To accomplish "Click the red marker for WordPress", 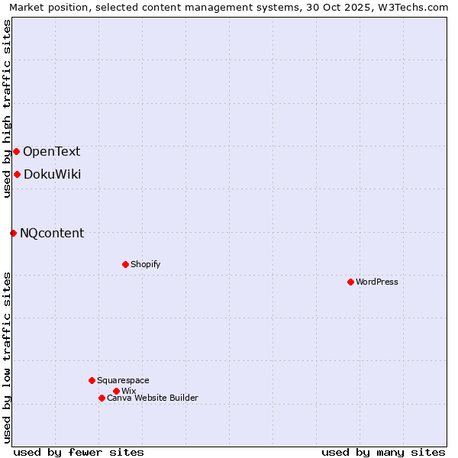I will (x=350, y=282).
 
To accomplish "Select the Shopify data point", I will (x=125, y=264).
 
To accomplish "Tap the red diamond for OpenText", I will (x=16, y=151).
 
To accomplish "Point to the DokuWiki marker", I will (x=17, y=174).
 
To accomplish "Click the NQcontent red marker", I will (x=13, y=233).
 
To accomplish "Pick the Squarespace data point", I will (x=92, y=380).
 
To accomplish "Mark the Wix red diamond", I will (x=116, y=391).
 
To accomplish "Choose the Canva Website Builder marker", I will (x=102, y=398).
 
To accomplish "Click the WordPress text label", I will (x=377, y=282).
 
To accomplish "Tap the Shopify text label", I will (x=146, y=264).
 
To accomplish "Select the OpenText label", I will (x=51, y=151).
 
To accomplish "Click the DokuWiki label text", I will (x=52, y=174).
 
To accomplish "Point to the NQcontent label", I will (x=52, y=233).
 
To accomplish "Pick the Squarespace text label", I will (x=123, y=380).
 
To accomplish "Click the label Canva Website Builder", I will (x=153, y=398).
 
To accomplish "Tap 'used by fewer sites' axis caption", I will (x=79, y=452).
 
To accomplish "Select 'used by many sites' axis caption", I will (x=383, y=452).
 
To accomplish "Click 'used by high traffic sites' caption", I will (x=7, y=108).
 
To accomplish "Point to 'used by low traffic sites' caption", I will (x=7, y=357).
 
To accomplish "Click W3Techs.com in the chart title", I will (x=411, y=8).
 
